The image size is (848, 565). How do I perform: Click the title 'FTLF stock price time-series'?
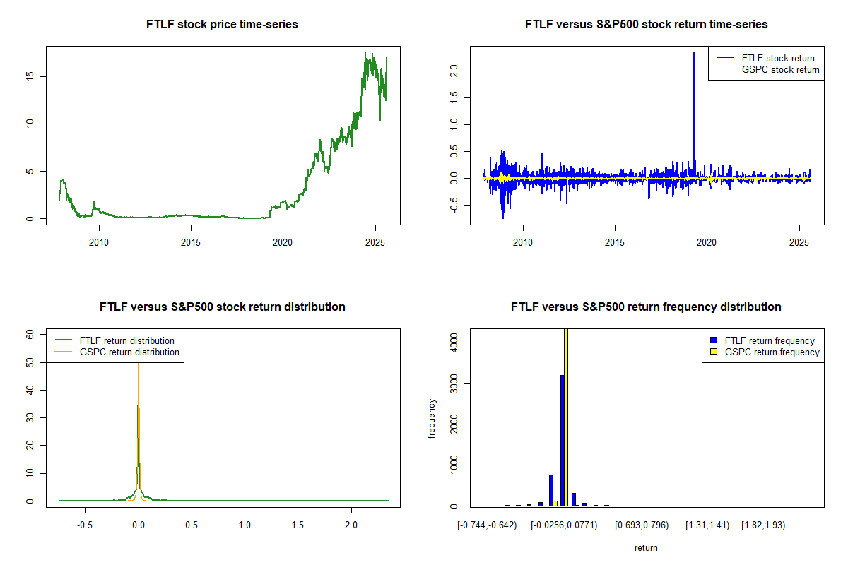coord(222,25)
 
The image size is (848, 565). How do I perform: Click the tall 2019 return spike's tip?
coord(694,53)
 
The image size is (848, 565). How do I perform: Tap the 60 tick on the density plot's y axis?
coord(30,335)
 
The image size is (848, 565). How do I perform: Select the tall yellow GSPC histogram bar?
coord(565,417)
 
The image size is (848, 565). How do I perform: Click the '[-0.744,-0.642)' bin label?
coord(487,525)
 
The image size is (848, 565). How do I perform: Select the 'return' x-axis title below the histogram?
coord(646,547)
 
